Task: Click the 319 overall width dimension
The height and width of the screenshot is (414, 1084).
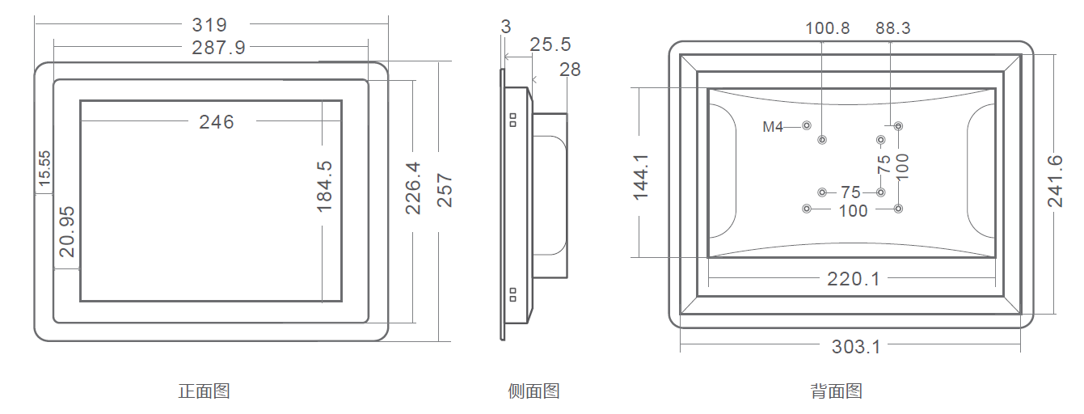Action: (x=209, y=25)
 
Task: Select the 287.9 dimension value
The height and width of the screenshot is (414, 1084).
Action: (x=218, y=48)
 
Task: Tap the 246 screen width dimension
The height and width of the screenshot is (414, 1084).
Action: (x=217, y=122)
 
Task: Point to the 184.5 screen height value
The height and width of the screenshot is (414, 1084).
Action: (x=325, y=186)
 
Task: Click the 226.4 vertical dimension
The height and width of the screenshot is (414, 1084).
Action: (x=413, y=188)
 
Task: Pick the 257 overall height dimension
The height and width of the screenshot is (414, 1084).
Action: (x=445, y=190)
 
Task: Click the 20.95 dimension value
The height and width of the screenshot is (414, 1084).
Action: (x=67, y=231)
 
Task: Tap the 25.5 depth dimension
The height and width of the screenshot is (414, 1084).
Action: (x=550, y=44)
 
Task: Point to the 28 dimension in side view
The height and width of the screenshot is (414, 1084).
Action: (x=570, y=70)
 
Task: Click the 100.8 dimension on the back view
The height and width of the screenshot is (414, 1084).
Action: (x=827, y=28)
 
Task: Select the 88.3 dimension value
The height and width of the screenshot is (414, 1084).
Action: (x=892, y=28)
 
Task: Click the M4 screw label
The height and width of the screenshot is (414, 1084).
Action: (x=774, y=127)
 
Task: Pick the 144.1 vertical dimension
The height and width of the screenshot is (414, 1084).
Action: (x=642, y=173)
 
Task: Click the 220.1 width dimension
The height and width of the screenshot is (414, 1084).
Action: (x=853, y=279)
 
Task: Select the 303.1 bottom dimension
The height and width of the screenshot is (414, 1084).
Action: (x=856, y=347)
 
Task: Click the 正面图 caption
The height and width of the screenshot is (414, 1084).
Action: (x=204, y=391)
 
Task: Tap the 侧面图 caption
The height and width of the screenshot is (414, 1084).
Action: (x=534, y=391)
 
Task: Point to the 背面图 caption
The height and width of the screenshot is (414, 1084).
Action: (x=836, y=391)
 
